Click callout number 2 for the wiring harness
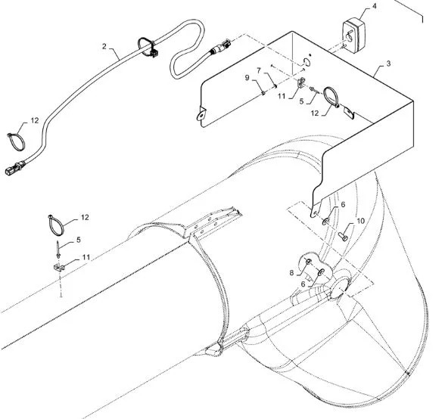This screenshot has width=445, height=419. pyautogui.click(x=104, y=46)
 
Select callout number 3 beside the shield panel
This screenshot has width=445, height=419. pyautogui.click(x=388, y=64)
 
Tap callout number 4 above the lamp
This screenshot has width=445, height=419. pyautogui.click(x=375, y=6)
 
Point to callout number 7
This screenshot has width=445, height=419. pyautogui.click(x=259, y=70)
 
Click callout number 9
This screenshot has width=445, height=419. pyautogui.click(x=247, y=77)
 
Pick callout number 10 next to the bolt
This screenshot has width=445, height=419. pyautogui.click(x=360, y=221)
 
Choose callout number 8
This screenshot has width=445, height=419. pyautogui.click(x=292, y=273)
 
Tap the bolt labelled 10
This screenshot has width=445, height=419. pyautogui.click(x=343, y=235)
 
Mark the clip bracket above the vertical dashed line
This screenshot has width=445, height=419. pyautogui.click(x=59, y=268)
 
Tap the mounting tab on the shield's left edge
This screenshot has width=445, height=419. pyautogui.click(x=201, y=115)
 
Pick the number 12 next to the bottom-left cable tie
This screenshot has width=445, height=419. pyautogui.click(x=85, y=217)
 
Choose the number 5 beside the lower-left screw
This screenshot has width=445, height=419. pyautogui.click(x=79, y=240)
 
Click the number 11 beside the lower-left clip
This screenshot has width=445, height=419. pyautogui.click(x=86, y=257)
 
